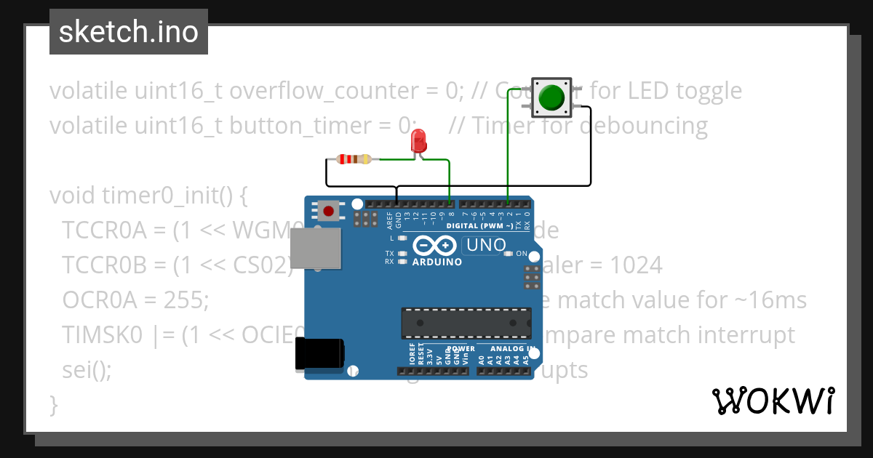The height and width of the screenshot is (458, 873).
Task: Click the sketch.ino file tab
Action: pyautogui.click(x=129, y=32)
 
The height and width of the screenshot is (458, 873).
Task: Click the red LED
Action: pyautogui.click(x=418, y=141)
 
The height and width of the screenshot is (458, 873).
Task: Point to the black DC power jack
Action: pyautogui.click(x=319, y=354)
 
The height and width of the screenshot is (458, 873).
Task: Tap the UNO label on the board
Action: pyautogui.click(x=485, y=245)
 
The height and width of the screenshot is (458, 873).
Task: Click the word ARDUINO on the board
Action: pyautogui.click(x=437, y=262)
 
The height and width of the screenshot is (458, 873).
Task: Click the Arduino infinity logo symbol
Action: pyautogui.click(x=435, y=245)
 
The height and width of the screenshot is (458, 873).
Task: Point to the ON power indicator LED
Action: pyautogui.click(x=509, y=254)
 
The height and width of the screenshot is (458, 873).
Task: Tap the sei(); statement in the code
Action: pyautogui.click(x=87, y=370)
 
